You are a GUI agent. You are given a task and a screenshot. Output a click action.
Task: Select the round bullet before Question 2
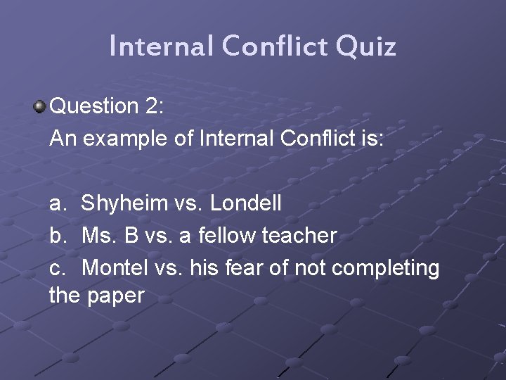tap(39, 107)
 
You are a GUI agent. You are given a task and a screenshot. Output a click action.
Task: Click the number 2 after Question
tap(154, 106)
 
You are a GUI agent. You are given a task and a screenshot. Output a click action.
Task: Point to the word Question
tap(95, 107)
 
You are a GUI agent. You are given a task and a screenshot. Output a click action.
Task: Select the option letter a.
tap(57, 204)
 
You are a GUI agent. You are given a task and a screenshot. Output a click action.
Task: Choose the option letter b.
tap(57, 236)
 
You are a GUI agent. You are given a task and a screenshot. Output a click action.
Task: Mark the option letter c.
tap(57, 268)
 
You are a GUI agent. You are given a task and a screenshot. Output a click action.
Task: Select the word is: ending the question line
tap(370, 139)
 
